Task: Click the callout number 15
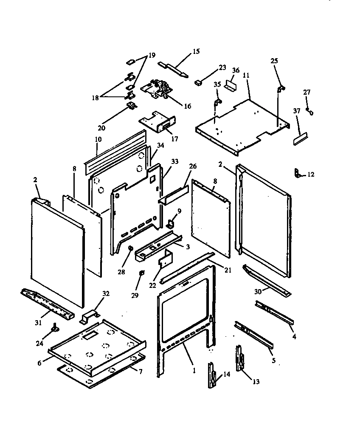pyautogui.click(x=196, y=51)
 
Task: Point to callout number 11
pyautogui.click(x=246, y=75)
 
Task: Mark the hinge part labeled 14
pyautogui.click(x=212, y=375)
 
